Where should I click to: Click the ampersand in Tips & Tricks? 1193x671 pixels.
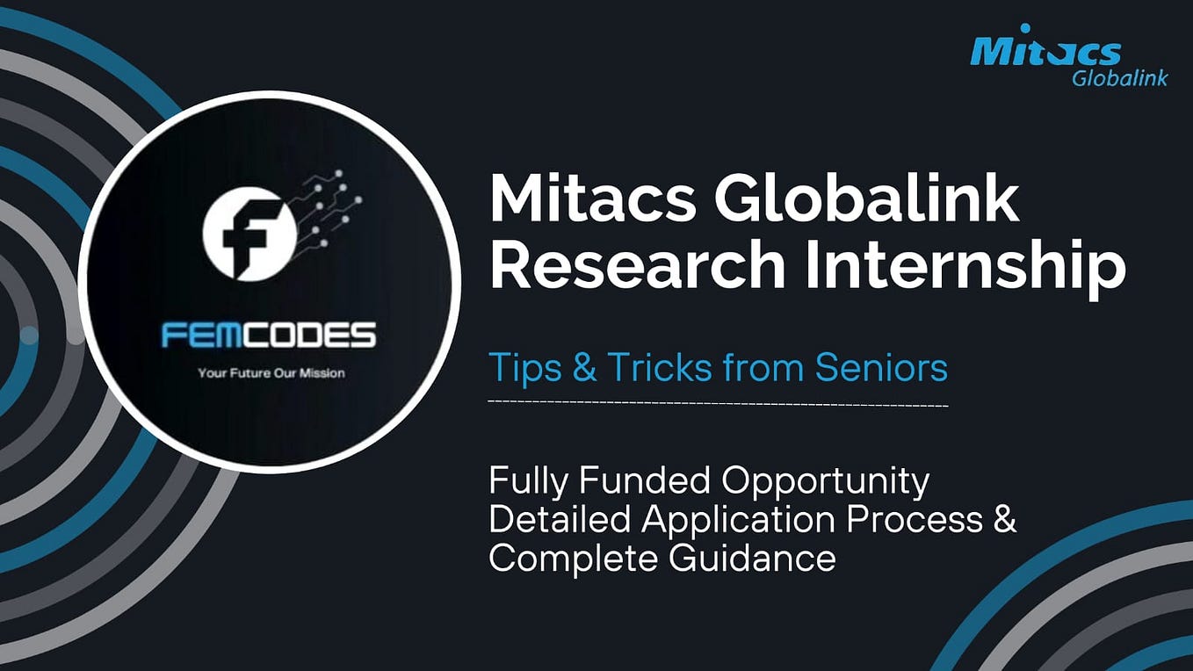point(584,368)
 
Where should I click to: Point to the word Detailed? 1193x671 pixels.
point(560,519)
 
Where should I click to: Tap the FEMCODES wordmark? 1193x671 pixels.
point(269,335)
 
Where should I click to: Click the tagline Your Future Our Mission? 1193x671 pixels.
point(271,373)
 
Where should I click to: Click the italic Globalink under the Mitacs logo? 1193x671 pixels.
point(1119,78)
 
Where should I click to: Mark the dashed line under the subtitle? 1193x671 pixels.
point(718,403)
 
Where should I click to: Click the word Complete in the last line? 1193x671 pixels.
point(572,559)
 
